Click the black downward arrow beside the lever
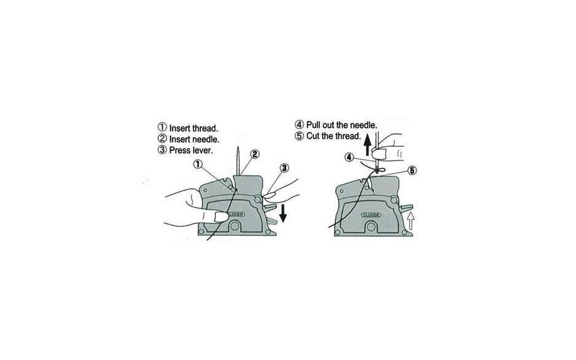pyautogui.click(x=283, y=213)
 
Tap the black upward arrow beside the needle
pyautogui.click(x=367, y=144)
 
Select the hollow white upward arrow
pyautogui.click(x=411, y=221)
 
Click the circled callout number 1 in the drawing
pyautogui.click(x=198, y=164)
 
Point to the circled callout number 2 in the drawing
pyautogui.click(x=255, y=154)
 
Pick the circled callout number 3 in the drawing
pyautogui.click(x=284, y=168)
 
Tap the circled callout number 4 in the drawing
pyautogui.click(x=349, y=158)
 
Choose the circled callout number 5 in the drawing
pyautogui.click(x=412, y=170)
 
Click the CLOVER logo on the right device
pyautogui.click(x=371, y=215)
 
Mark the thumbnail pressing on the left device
pyautogui.click(x=222, y=217)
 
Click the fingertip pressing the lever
pyautogui.click(x=270, y=196)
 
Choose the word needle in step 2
pyautogui.click(x=206, y=139)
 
